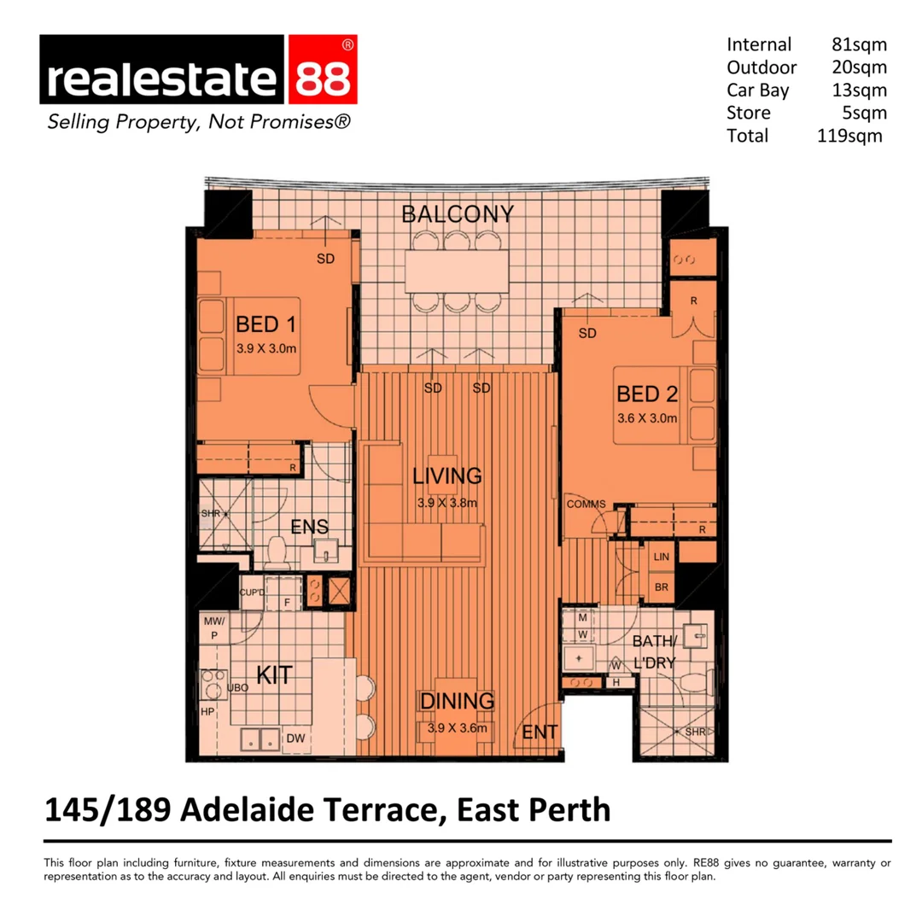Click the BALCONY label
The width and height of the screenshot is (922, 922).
[x=458, y=213]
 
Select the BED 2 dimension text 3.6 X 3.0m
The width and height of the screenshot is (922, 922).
[x=647, y=418]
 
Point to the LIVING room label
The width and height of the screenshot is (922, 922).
[x=447, y=476]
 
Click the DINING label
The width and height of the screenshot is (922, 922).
[x=457, y=702]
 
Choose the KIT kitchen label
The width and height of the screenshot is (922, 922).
[x=275, y=676]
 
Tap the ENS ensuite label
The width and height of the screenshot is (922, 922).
[x=309, y=528]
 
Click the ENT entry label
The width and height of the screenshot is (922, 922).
[x=540, y=732]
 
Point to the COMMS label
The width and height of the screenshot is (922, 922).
[x=586, y=504]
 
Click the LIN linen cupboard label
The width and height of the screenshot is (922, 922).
[x=661, y=557]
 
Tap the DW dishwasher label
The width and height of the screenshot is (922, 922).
[x=295, y=738]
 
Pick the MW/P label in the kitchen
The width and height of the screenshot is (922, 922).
[x=213, y=629]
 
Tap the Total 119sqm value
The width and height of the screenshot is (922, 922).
[x=849, y=135]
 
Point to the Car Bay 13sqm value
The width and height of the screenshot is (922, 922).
[x=859, y=90]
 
